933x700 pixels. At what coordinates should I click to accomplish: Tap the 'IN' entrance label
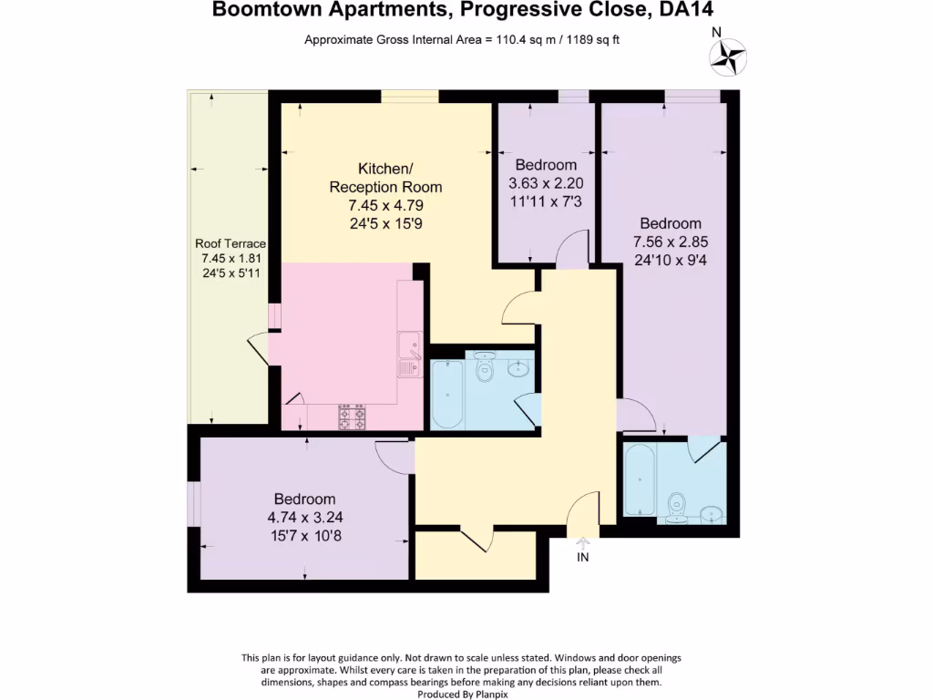583,557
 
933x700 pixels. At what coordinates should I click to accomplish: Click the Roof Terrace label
231,243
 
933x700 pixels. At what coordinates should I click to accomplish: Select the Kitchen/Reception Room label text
385,178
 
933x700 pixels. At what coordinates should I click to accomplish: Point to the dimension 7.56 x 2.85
671,242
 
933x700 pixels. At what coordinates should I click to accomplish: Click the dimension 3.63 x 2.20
546,182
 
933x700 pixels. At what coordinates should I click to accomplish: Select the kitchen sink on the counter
407,354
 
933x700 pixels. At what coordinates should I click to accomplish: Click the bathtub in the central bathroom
446,394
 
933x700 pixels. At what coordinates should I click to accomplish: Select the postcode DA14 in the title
679,11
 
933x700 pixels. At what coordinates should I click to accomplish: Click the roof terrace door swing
259,349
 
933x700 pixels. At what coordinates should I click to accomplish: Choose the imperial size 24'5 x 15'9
385,222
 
